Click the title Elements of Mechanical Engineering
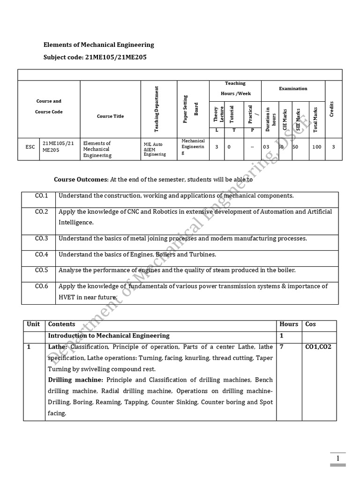98,45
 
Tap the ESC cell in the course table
30,147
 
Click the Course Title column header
110,116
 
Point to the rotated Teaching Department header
157,109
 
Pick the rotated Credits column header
332,108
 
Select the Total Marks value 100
317,147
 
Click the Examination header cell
293,88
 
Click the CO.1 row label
41,195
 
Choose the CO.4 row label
41,255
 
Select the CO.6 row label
41,286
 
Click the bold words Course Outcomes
81,180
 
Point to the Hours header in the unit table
289,324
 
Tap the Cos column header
311,324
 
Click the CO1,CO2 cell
318,347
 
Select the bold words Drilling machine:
76,380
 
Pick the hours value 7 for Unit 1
281,347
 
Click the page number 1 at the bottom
337,457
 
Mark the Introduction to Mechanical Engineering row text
109,336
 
